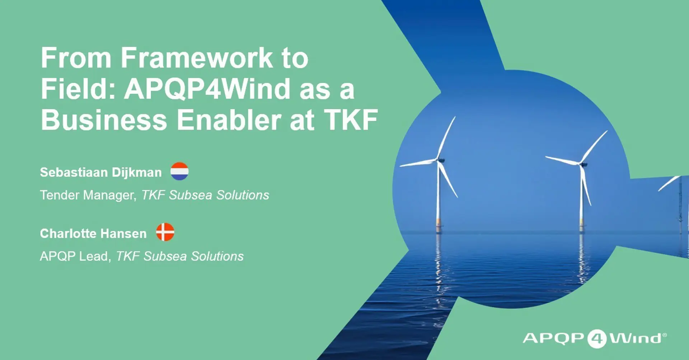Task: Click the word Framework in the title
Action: (x=197, y=58)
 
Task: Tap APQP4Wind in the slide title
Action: (x=207, y=89)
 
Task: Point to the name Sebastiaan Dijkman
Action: (x=101, y=172)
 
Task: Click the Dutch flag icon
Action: (x=179, y=171)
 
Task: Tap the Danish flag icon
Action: (x=165, y=232)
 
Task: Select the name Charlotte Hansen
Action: (x=93, y=233)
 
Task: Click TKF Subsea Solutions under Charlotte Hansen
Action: (x=180, y=256)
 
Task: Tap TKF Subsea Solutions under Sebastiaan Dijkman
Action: (x=205, y=195)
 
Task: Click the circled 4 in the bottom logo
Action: (x=597, y=338)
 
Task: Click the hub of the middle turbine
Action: (x=583, y=164)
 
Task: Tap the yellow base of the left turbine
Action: (x=439, y=222)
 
